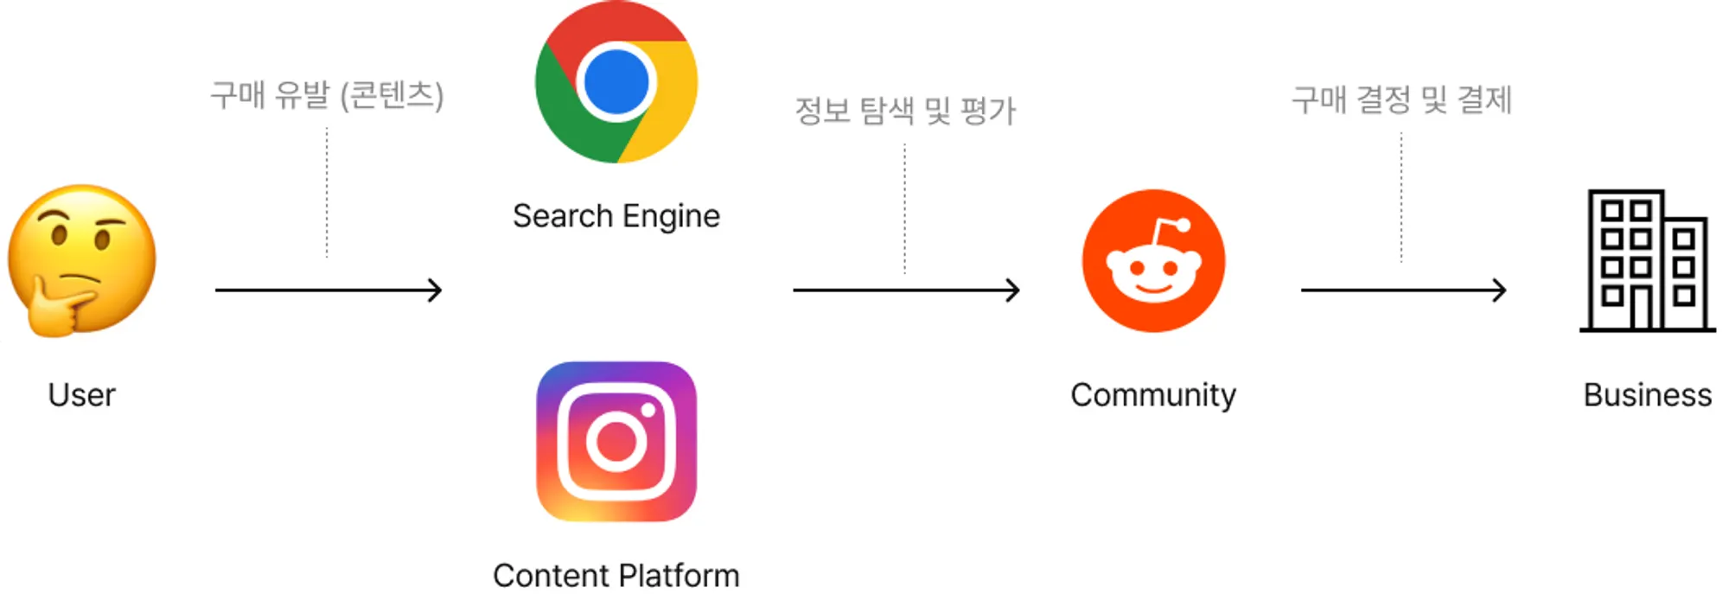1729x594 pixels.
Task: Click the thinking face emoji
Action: (x=81, y=259)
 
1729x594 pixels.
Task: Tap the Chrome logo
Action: (x=616, y=82)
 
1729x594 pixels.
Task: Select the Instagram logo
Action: (x=616, y=442)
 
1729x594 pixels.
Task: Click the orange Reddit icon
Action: (x=1153, y=260)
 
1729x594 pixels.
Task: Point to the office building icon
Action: (x=1647, y=260)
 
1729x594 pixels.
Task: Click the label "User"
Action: (x=81, y=395)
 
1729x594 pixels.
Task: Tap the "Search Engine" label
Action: (x=616, y=216)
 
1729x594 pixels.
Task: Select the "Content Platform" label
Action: (x=616, y=576)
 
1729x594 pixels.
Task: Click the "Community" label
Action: (x=1153, y=395)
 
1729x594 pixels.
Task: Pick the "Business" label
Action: (x=1647, y=395)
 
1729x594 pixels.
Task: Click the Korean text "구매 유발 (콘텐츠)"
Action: (x=327, y=95)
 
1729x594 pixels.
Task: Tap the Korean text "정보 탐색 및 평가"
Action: (x=905, y=111)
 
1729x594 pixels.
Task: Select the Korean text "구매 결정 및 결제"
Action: (x=1401, y=99)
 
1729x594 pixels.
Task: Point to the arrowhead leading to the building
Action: (x=1501, y=290)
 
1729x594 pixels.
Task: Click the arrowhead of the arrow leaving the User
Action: (x=437, y=290)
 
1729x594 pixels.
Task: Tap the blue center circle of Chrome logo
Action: (x=616, y=82)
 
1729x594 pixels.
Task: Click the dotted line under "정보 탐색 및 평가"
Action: (x=905, y=208)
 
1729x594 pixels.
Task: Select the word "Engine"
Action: (x=671, y=216)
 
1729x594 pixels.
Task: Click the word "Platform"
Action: (x=679, y=576)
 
